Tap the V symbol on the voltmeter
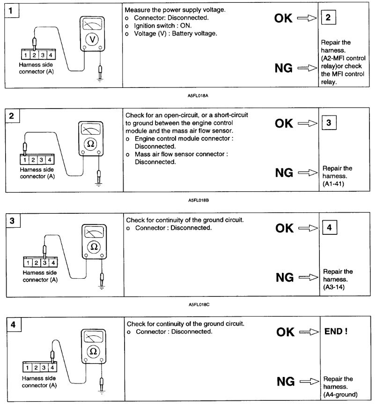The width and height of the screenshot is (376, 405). (x=92, y=40)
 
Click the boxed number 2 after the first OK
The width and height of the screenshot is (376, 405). (x=328, y=18)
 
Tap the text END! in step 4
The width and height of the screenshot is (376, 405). (x=335, y=332)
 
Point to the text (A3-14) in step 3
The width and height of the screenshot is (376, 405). (x=334, y=288)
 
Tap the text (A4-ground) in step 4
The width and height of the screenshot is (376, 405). (x=340, y=395)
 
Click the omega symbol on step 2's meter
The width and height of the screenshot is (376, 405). (x=91, y=144)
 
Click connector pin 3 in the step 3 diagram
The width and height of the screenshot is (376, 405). (x=45, y=263)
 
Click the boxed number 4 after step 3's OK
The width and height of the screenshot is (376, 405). (x=330, y=228)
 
